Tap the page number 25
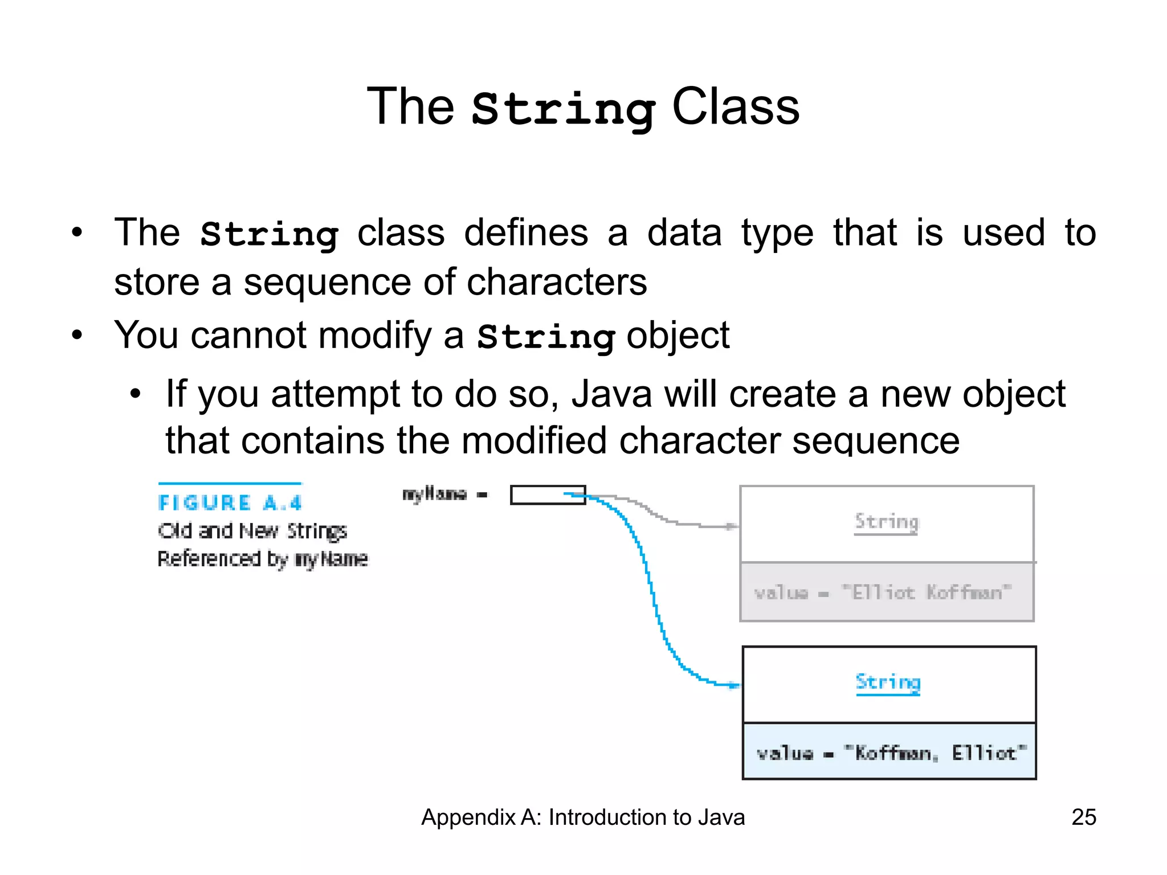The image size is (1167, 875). tap(1083, 817)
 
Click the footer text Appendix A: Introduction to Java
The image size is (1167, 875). tap(582, 817)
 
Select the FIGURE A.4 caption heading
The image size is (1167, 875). tap(230, 502)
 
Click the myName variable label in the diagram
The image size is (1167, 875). tap(435, 494)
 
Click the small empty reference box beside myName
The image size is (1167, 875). tap(548, 495)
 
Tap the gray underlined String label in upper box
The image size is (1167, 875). tap(887, 522)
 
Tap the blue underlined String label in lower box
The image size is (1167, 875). tap(888, 682)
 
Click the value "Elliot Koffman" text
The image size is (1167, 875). tap(883, 592)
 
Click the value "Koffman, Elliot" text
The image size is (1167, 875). tap(891, 753)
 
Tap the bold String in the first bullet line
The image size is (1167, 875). tap(270, 234)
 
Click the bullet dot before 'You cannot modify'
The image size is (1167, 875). tap(77, 335)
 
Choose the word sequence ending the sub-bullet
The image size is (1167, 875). tap(876, 441)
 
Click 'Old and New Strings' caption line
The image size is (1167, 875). tap(252, 531)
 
